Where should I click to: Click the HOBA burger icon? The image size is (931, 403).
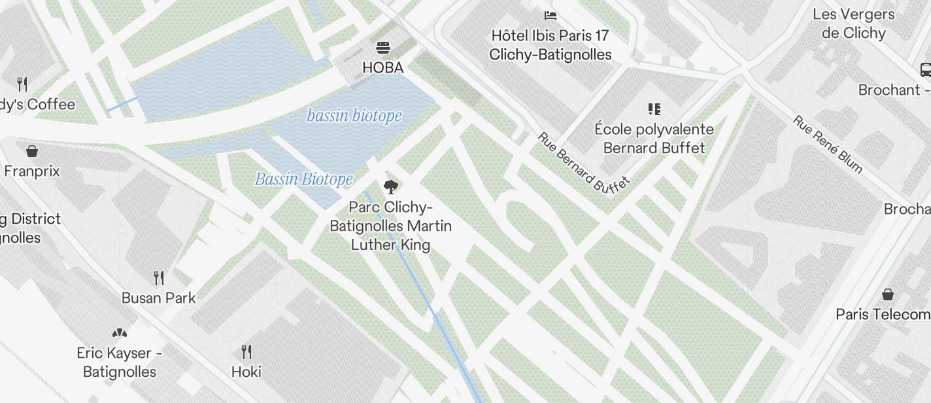tap(383, 48)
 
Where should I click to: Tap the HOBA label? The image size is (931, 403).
tap(383, 67)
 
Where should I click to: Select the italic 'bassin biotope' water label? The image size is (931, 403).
tap(354, 116)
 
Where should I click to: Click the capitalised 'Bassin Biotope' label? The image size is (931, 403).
tap(303, 179)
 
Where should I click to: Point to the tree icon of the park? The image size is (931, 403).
tap(390, 187)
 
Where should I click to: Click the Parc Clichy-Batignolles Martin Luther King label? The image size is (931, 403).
tap(390, 226)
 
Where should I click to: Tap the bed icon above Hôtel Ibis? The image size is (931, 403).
tap(550, 15)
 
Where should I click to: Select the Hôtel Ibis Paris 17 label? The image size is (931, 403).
tap(550, 44)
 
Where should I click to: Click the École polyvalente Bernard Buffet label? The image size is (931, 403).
tap(654, 138)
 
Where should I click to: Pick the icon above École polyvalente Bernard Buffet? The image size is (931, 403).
tap(654, 109)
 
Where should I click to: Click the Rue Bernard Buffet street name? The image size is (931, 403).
tap(583, 163)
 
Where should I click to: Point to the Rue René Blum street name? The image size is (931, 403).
tap(828, 145)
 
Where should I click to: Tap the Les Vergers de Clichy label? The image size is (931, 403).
tap(854, 24)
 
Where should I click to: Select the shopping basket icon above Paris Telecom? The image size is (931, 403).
tap(888, 294)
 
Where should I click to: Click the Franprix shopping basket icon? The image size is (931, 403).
tap(31, 152)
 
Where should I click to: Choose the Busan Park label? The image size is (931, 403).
tap(158, 298)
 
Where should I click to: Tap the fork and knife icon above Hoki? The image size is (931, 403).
tap(246, 352)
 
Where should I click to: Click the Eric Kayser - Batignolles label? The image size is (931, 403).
tap(120, 362)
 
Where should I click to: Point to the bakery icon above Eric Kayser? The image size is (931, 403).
tap(120, 333)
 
